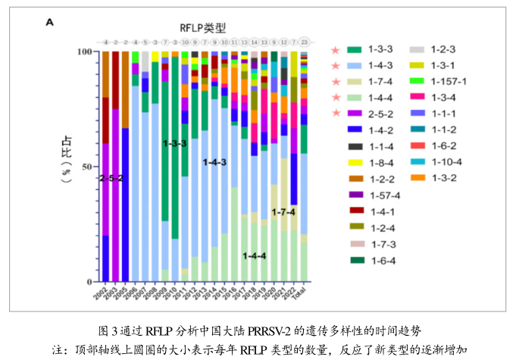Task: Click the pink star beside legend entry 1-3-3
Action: click(335, 49)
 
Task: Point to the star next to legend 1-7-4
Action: click(335, 81)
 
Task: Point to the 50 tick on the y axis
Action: click(86, 166)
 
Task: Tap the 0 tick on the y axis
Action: click(89, 281)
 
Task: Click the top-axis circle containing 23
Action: click(303, 42)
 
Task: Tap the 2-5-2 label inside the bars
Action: click(111, 178)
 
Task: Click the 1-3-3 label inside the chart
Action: click(175, 142)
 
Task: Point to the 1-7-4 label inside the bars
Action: click(283, 211)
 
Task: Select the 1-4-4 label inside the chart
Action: click(254, 256)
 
